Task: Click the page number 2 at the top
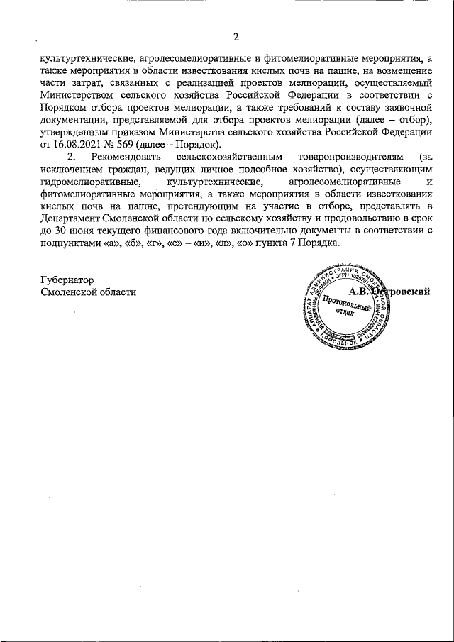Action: point(237,37)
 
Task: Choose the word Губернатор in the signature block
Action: point(68,280)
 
